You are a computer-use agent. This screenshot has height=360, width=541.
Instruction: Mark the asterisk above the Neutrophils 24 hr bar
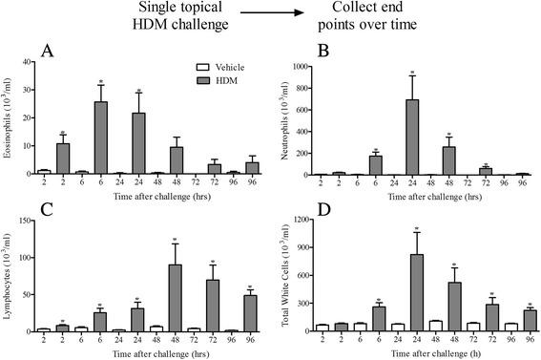tap(412, 72)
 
